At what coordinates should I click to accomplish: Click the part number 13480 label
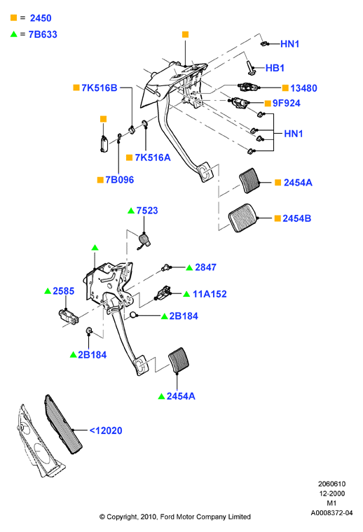[303, 88]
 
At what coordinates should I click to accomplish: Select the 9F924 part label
[286, 103]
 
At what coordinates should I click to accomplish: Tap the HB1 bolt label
[275, 68]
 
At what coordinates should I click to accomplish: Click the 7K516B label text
[99, 88]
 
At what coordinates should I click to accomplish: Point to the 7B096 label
[120, 179]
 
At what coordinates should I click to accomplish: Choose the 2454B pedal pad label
[297, 218]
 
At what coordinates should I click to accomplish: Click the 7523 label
[147, 211]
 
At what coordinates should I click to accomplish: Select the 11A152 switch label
[210, 294]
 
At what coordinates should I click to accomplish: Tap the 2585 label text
[64, 291]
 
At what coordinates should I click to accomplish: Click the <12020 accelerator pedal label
[106, 430]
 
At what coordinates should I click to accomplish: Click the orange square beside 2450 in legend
[13, 17]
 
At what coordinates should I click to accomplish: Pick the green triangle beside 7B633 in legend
[13, 34]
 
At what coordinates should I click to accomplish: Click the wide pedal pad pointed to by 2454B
[242, 218]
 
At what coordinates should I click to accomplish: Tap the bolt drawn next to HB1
[251, 67]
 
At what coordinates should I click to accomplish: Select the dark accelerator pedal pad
[63, 423]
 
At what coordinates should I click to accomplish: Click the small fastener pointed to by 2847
[165, 267]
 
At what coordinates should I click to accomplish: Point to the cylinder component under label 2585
[68, 316]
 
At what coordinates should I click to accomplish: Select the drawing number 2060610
[331, 484]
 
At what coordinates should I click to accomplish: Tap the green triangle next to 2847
[189, 267]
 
